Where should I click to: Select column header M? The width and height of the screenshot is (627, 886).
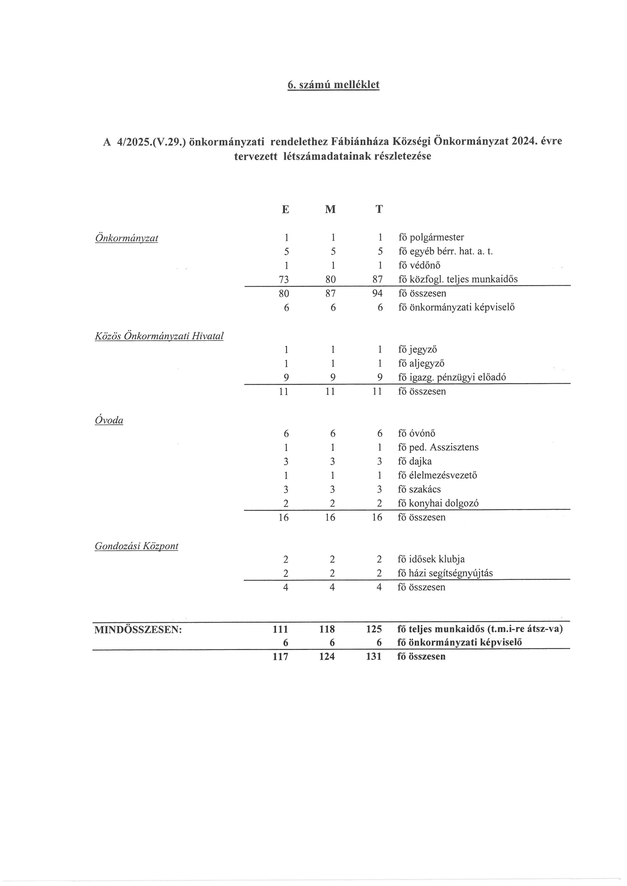click(x=330, y=209)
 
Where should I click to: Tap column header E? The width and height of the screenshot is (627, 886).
click(x=285, y=209)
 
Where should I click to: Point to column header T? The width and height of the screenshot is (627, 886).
click(x=379, y=209)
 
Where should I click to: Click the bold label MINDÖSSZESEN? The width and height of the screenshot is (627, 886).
click(x=138, y=629)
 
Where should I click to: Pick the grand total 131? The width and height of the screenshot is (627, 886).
click(x=374, y=657)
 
